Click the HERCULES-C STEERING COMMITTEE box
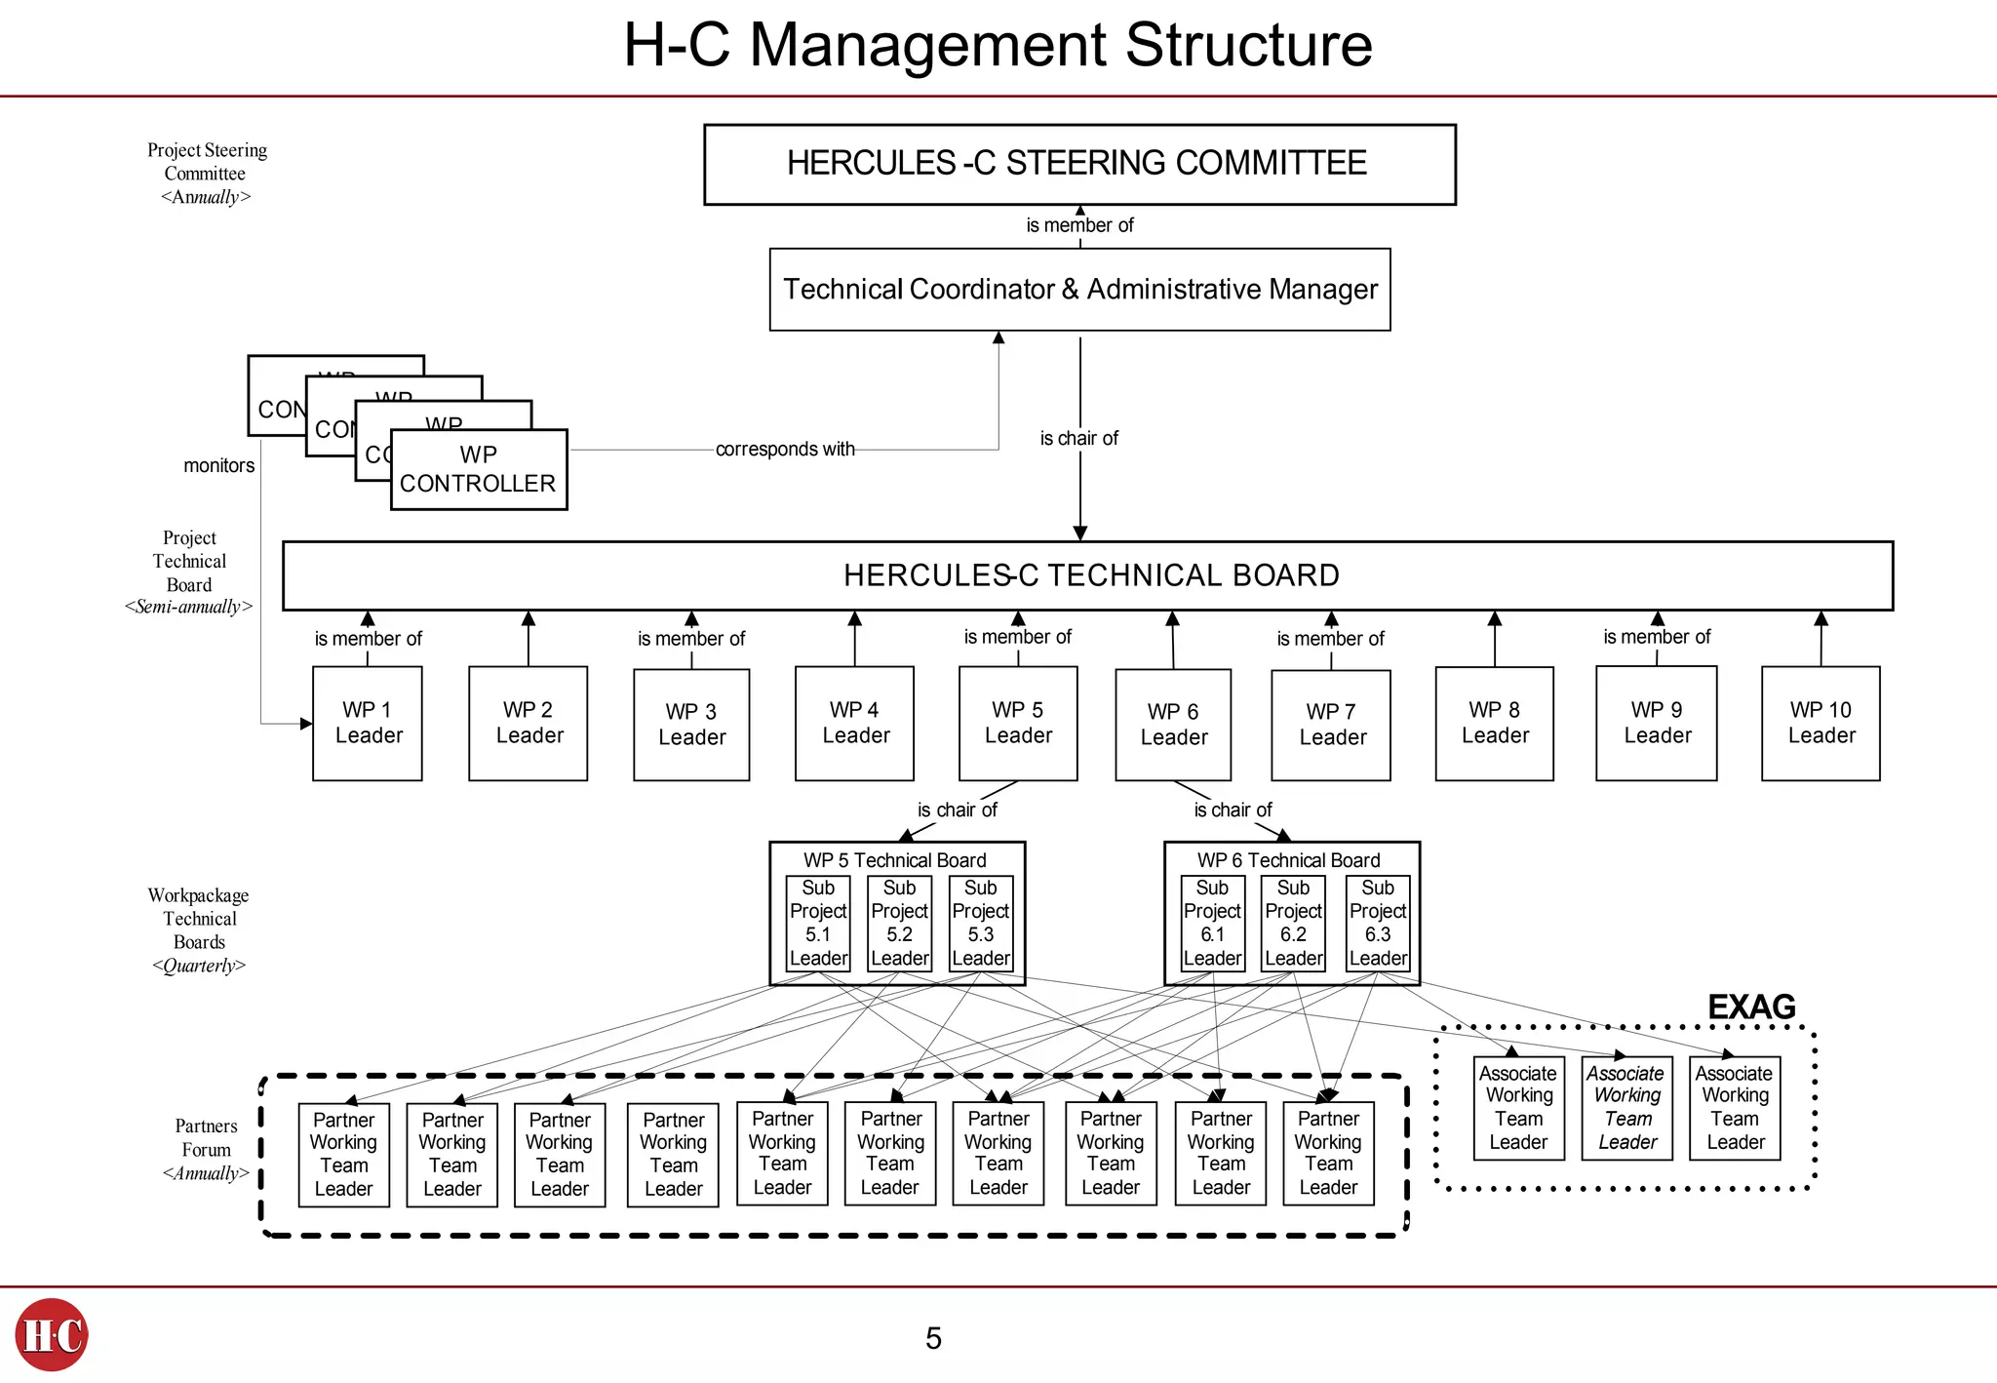point(1079,164)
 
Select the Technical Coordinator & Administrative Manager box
point(1079,290)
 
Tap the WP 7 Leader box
point(1331,725)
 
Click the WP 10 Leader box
point(1821,723)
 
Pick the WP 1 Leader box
point(368,723)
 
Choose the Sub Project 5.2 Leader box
point(899,923)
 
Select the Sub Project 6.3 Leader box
point(1378,923)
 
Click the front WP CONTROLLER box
point(478,469)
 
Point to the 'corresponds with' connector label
point(785,450)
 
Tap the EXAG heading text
point(1751,1007)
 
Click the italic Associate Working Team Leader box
point(1627,1108)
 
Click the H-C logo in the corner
point(52,1334)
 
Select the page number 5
point(933,1338)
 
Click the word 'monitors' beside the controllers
point(218,466)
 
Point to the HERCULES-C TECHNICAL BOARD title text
point(1091,575)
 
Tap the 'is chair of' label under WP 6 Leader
point(1233,810)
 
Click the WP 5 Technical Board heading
point(894,860)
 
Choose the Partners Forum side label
point(206,1138)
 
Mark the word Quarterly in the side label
point(199,966)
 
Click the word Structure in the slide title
point(1248,45)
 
